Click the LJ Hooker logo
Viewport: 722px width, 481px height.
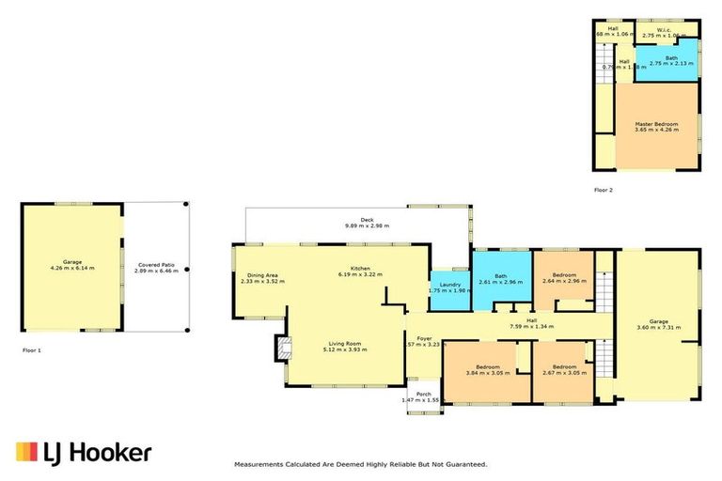83,453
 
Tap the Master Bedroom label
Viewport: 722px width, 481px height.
655,124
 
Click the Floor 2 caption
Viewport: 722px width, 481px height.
603,190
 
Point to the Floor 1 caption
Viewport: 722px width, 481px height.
32,349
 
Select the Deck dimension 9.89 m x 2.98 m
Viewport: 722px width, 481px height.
367,226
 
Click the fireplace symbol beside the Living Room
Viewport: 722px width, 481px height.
278,349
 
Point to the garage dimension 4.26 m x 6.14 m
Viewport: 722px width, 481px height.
72,268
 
